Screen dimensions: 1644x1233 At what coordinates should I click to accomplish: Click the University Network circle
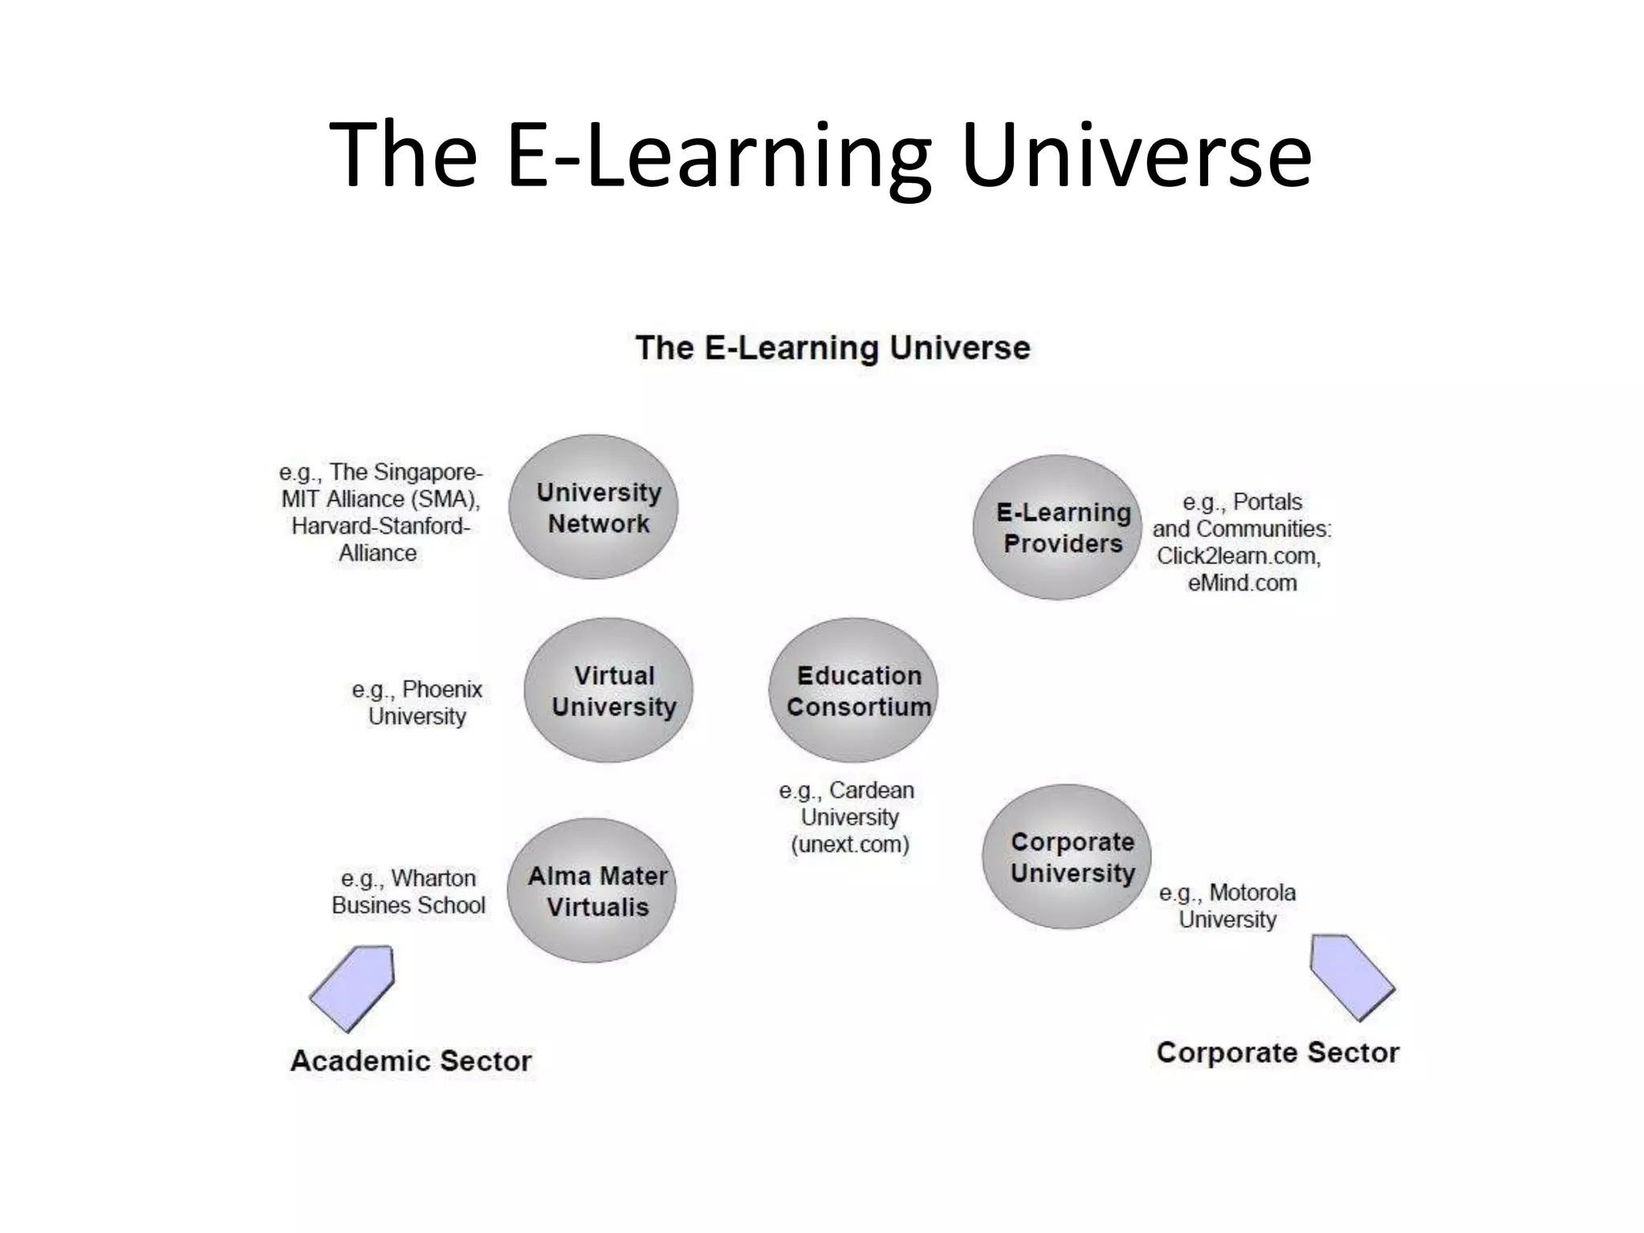[594, 507]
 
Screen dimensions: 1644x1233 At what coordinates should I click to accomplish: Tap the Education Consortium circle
[853, 690]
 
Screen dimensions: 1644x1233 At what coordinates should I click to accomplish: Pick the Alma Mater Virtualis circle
[592, 890]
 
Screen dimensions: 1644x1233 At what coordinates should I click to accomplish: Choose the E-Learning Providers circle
[1057, 527]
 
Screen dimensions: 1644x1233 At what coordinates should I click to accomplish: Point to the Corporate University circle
[1067, 857]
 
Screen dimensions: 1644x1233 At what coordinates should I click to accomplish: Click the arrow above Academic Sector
[354, 987]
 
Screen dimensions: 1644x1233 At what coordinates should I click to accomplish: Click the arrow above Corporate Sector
[1351, 976]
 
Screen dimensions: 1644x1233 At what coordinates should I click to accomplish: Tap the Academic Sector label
[411, 1060]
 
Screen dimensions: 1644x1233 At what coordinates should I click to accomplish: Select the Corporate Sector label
[1277, 1052]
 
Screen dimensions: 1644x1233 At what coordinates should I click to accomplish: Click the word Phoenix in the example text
[442, 690]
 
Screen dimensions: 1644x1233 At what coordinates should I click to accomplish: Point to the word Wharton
[433, 878]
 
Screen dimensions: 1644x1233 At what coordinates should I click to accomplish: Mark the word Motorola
[1252, 893]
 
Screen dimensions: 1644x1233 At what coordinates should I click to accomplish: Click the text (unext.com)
[850, 844]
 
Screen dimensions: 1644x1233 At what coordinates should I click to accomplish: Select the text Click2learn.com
[1239, 555]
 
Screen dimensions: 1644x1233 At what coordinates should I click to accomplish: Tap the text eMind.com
[1242, 583]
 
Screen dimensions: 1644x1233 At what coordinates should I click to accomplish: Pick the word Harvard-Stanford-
[380, 526]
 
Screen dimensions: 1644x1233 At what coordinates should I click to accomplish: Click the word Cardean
[871, 791]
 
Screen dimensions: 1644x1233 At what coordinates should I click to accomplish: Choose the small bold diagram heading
[832, 348]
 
